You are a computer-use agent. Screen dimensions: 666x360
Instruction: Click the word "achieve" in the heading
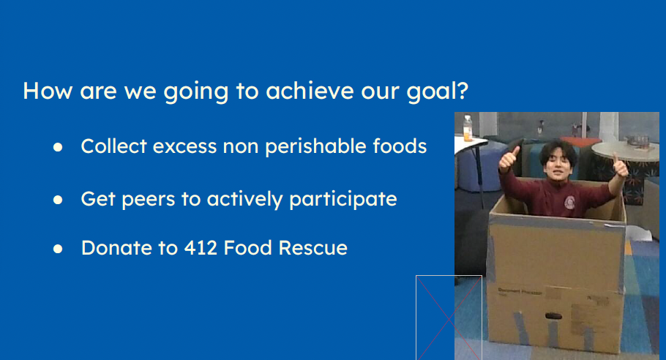(x=310, y=91)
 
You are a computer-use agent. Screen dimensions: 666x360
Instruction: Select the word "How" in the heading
(x=48, y=91)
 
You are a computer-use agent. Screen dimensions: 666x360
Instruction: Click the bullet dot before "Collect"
(x=58, y=147)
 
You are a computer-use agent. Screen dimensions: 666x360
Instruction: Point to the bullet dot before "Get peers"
(x=58, y=200)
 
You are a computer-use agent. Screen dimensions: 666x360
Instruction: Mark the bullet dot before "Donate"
(x=58, y=249)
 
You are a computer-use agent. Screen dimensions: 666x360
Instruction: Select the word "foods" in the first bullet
(x=400, y=146)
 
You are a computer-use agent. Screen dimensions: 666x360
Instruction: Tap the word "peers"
(x=149, y=200)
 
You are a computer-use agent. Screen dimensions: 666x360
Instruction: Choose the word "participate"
(x=343, y=200)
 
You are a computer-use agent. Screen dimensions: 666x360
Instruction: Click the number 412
(x=201, y=248)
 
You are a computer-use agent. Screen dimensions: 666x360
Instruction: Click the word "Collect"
(x=114, y=146)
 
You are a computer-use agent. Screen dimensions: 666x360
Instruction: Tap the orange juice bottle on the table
(x=468, y=128)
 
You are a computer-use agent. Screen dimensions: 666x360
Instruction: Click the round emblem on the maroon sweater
(x=570, y=203)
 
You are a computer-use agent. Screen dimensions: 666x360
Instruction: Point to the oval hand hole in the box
(x=553, y=316)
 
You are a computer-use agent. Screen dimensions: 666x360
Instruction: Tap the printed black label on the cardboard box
(x=520, y=292)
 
